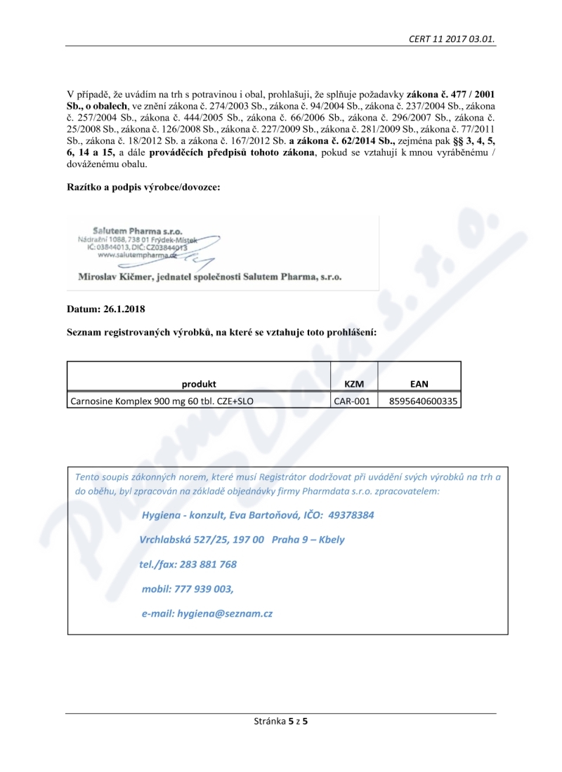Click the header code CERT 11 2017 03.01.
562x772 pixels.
point(452,39)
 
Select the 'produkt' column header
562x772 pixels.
point(199,384)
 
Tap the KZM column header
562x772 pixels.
point(354,384)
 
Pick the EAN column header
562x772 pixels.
point(419,384)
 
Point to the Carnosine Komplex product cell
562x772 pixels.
point(162,401)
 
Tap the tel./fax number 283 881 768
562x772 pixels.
point(209,564)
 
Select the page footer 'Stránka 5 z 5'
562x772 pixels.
point(280,721)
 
